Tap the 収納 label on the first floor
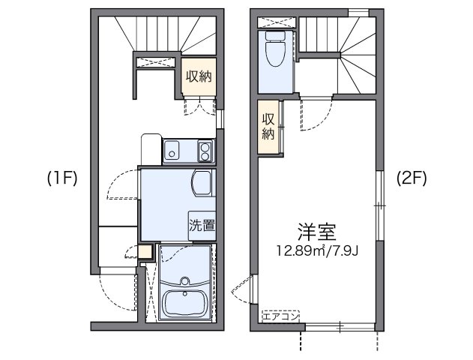click(x=200, y=77)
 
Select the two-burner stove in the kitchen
click(x=205, y=151)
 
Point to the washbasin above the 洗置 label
click(x=202, y=183)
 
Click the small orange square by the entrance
click(x=145, y=252)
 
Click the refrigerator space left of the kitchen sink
click(x=151, y=147)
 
